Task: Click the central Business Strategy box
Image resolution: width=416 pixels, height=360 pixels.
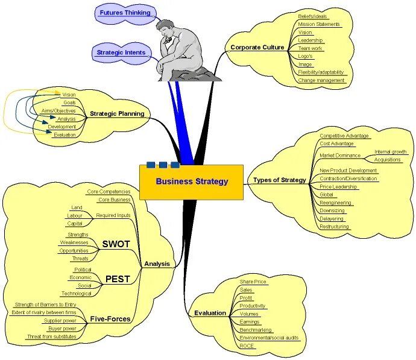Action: [192, 182]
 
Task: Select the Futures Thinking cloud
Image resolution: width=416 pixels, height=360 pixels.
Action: [125, 13]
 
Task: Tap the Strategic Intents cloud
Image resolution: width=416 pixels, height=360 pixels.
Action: [121, 52]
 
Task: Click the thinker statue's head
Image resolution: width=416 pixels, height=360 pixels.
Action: [163, 27]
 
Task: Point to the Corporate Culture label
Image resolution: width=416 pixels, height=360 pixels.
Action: [257, 47]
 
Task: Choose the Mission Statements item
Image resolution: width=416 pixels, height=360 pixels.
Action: [319, 25]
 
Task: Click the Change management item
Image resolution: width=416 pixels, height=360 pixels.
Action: [321, 80]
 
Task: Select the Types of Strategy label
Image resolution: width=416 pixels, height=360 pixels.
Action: [279, 180]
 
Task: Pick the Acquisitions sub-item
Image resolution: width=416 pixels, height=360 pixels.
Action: [388, 160]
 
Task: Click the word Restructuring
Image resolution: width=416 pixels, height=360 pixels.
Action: [334, 227]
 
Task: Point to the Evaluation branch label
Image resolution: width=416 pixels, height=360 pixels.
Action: [210, 313]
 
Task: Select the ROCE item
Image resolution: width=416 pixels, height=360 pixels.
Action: [247, 346]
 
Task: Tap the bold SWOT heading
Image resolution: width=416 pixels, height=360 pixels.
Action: [116, 244]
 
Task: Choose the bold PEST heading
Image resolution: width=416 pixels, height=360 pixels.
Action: [118, 279]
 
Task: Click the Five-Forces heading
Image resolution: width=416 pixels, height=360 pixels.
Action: [110, 319]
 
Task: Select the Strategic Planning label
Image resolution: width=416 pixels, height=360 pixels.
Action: [117, 113]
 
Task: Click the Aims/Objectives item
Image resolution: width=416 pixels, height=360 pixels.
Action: [58, 111]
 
